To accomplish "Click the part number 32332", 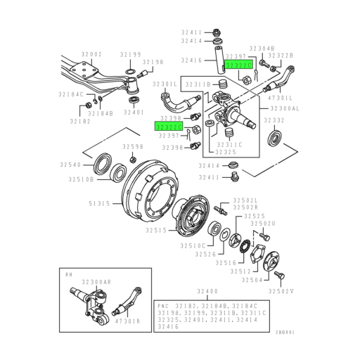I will (273, 121).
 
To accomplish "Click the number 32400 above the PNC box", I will (210, 290).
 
